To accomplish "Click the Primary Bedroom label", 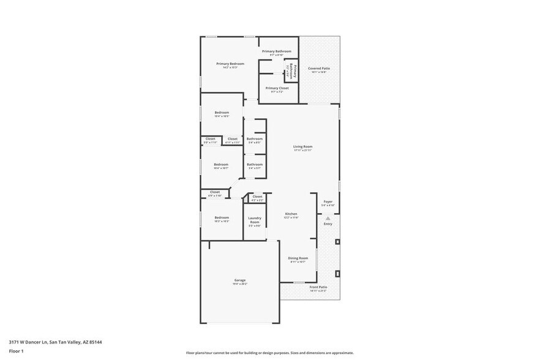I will tap(230, 64).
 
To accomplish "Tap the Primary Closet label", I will tap(276, 88).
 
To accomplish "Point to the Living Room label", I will tap(302, 146).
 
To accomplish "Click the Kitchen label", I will tap(291, 214).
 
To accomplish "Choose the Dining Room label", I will tap(298, 258).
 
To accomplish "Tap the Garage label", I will tap(239, 280).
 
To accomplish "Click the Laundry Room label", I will tap(255, 220).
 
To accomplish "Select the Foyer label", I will tap(328, 201).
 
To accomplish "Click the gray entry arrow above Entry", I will tap(328, 217).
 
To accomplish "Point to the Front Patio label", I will tap(318, 287).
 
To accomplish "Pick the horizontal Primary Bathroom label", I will tap(276, 51).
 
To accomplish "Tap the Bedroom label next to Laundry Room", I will tap(221, 217).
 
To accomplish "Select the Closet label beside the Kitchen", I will tap(257, 197).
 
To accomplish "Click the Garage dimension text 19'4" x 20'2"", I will tap(239, 284).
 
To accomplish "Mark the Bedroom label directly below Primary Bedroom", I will tap(221, 113).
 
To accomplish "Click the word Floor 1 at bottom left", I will tap(16, 351).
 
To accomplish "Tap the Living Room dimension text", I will tap(302, 151).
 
